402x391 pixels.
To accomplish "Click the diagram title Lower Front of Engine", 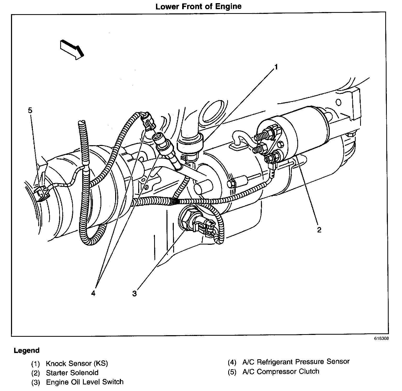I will click(x=198, y=6).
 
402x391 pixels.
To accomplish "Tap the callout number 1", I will click(x=275, y=67).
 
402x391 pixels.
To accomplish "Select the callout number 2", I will click(x=319, y=230).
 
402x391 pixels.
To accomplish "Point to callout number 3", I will click(x=134, y=294).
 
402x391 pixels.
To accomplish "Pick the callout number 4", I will click(x=93, y=293).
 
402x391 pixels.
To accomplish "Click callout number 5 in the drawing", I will click(x=30, y=111).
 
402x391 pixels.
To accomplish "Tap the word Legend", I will click(x=27, y=350).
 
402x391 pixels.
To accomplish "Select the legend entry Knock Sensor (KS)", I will click(x=77, y=363).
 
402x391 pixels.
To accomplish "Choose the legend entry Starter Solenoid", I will click(x=72, y=373).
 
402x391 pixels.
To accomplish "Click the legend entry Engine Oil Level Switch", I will click(x=85, y=382).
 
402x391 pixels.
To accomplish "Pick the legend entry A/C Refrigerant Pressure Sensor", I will click(x=296, y=362).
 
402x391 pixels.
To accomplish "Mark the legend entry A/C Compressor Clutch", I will click(x=281, y=371).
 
